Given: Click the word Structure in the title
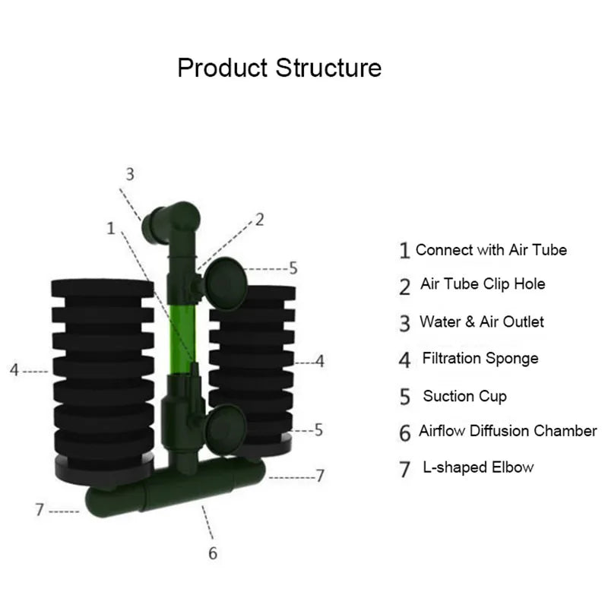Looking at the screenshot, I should point(328,68).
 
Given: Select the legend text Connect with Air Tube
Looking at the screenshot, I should point(491,249).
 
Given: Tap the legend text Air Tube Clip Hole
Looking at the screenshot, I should point(483,284).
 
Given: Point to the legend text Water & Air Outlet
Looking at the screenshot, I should point(482,321).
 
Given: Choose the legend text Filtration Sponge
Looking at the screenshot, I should point(480,358).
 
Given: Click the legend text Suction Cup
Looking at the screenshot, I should point(464,396).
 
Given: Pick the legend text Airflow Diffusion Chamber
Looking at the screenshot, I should point(508,431).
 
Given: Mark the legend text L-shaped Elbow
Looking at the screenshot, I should point(478,467).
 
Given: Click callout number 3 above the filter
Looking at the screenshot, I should point(130,174).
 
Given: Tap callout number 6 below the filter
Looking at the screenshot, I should point(213,553).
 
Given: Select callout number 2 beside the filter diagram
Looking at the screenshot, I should point(259,220).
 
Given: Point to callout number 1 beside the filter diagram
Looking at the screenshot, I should point(112,227).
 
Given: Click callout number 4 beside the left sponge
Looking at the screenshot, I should point(14,370).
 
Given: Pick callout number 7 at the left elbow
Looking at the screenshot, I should point(40,510).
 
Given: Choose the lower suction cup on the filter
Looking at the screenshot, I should point(225,426).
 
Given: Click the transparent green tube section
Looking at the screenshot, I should point(180,334).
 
